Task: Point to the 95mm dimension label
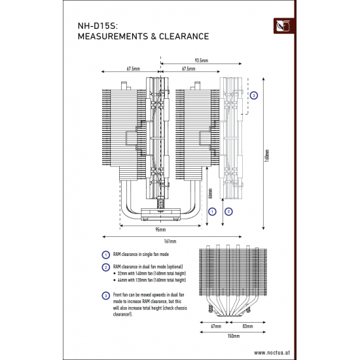[x=160, y=230]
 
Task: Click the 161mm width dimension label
[x=172, y=241]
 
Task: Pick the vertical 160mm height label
[x=267, y=158]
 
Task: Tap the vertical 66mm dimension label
[x=210, y=194]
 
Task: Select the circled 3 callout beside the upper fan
[x=255, y=95]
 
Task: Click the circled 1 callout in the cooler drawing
[x=212, y=211]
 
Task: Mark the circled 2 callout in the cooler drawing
[x=228, y=211]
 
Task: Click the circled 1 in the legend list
[x=105, y=254]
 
